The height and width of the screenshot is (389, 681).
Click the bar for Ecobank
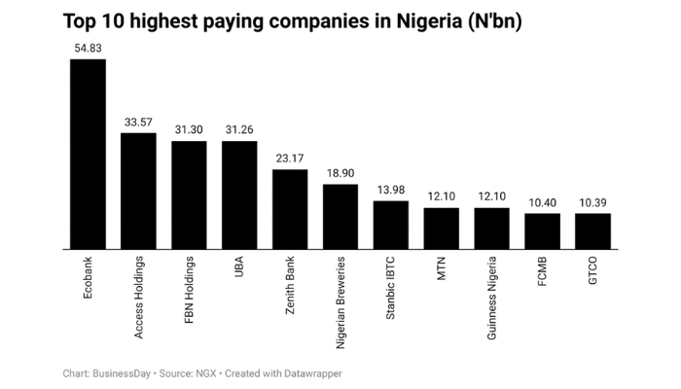[x=88, y=154]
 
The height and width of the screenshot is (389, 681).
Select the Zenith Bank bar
[x=290, y=209]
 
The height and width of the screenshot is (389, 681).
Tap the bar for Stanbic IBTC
[x=391, y=225]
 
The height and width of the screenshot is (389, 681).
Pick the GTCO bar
[x=592, y=230]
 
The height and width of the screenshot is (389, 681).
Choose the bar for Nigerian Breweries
[x=340, y=216]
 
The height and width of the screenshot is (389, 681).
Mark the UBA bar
[x=239, y=194]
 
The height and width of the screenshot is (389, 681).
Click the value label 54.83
[x=88, y=48]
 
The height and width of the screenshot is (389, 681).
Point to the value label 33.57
[x=138, y=122]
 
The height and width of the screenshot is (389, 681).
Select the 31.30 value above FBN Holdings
[x=189, y=129]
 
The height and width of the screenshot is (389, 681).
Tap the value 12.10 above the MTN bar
[x=441, y=196]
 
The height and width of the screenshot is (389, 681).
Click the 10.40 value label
[x=542, y=202]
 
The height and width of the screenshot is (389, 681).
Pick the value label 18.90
[x=340, y=173]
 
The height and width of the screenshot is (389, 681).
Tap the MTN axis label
[x=442, y=268]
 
